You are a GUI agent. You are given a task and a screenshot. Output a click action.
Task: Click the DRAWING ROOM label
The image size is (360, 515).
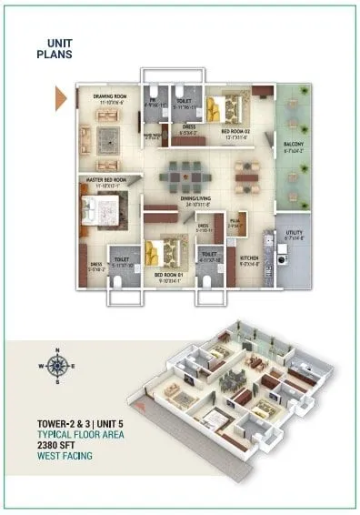coord(107,96)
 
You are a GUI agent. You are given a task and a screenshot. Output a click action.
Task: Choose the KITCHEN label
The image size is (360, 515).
coord(249,258)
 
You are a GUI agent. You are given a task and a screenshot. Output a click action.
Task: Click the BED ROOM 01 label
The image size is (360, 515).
coord(168,275)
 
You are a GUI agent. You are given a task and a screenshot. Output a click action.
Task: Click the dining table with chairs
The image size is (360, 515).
coord(189,169)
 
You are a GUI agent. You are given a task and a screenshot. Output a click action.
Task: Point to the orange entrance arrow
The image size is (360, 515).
coord(61,97)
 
